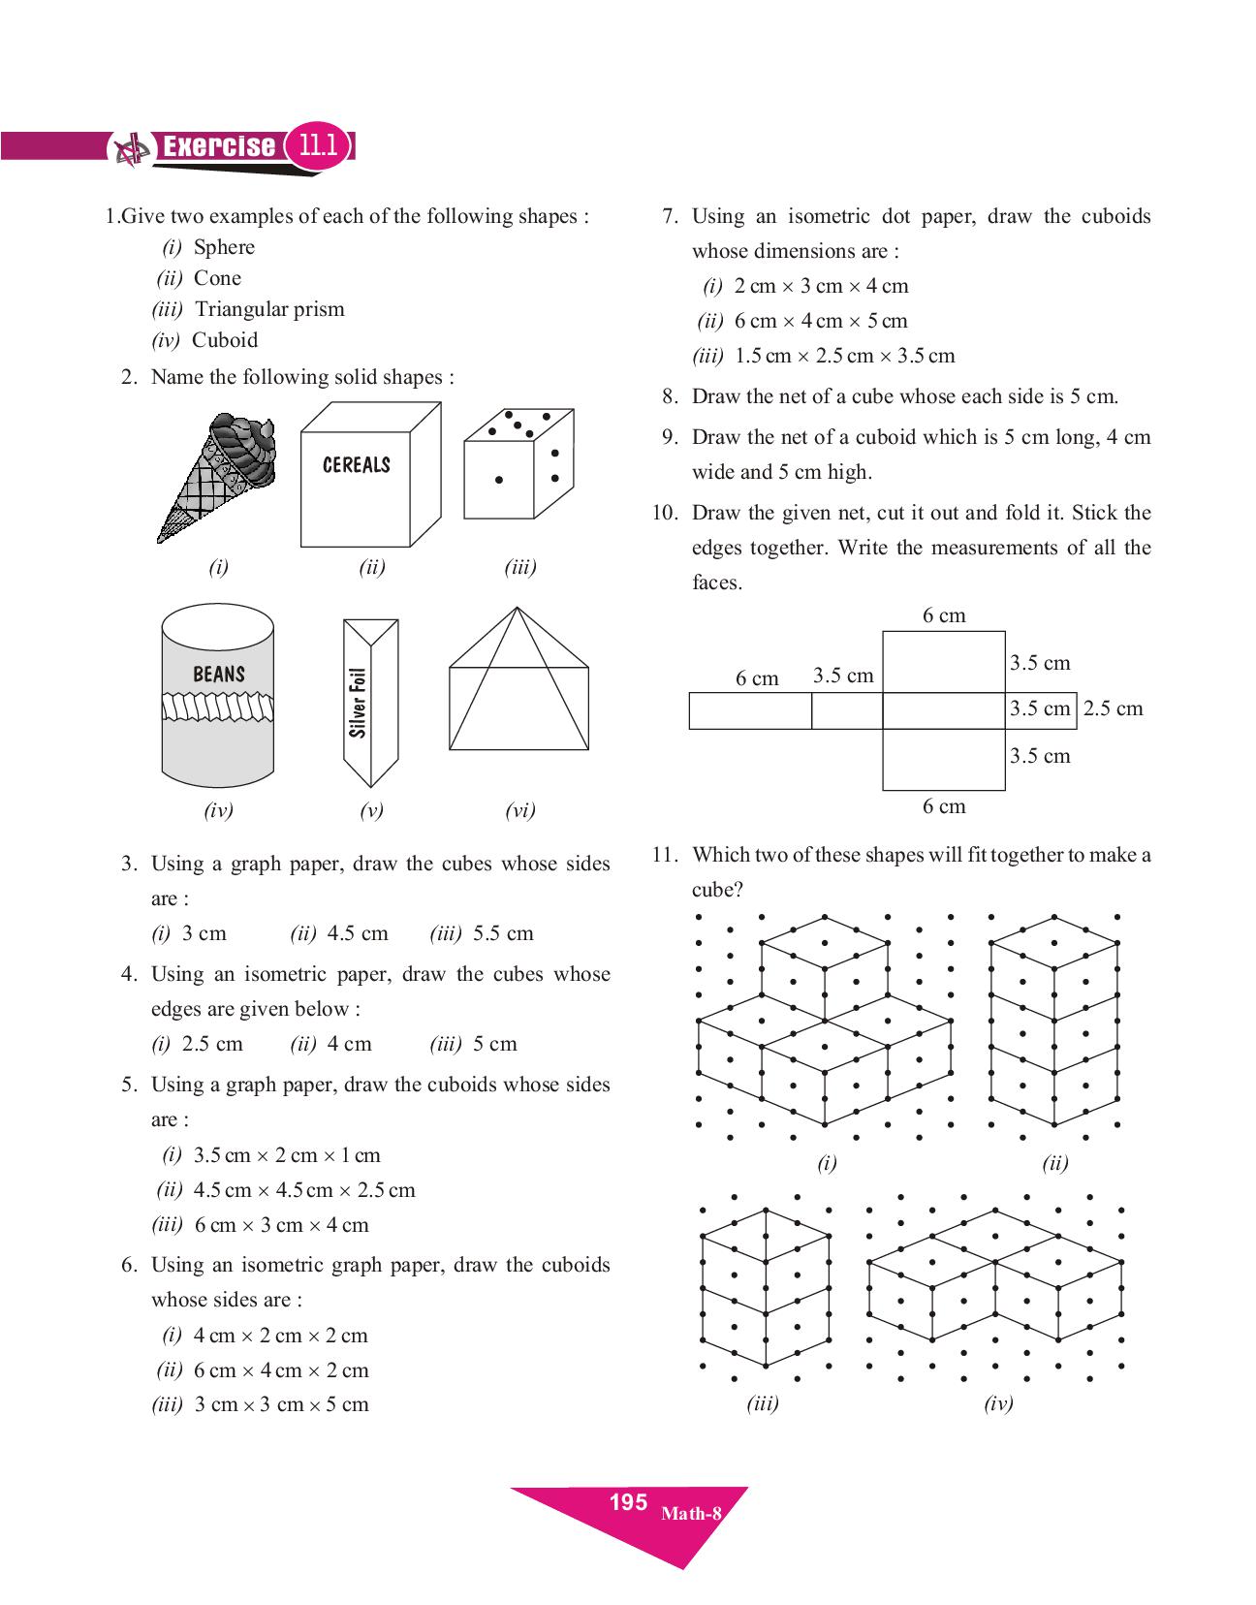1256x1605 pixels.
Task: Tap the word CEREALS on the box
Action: pos(356,465)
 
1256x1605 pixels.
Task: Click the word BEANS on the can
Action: pos(219,674)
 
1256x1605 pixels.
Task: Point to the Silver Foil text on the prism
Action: pos(359,703)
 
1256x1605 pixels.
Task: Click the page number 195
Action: pos(628,1502)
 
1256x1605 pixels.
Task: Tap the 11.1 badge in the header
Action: pos(318,146)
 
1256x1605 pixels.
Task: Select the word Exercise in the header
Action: pos(218,146)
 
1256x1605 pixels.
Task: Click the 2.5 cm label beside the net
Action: pos(1113,708)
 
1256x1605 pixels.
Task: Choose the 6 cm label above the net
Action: pos(944,615)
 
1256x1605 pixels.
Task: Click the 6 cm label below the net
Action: pos(944,806)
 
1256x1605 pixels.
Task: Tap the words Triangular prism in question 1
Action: pos(269,309)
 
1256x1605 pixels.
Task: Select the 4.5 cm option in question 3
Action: pos(358,933)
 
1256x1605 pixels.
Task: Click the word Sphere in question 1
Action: pos(224,247)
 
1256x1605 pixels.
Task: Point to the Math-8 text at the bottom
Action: pos(691,1513)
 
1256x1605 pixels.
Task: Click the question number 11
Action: pos(663,855)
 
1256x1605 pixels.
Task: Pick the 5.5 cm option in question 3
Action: pos(503,933)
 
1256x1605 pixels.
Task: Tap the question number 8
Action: pos(669,396)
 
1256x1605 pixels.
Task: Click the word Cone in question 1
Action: pos(217,278)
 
